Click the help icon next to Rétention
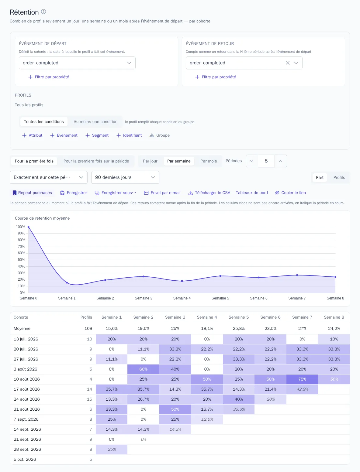point(43,12)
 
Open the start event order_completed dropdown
point(77,63)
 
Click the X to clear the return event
point(288,63)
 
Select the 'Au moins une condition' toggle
point(95,122)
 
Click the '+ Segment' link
point(97,135)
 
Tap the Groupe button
point(160,135)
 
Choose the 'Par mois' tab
point(209,161)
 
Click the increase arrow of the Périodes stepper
point(281,161)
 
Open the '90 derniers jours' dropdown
point(125,177)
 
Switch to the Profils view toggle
point(339,177)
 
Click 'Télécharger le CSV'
point(209,193)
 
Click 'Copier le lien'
point(290,193)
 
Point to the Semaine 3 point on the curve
point(144,276)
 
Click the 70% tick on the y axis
point(21,246)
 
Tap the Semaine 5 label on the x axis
point(220,298)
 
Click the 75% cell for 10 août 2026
point(302,379)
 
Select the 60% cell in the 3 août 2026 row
point(143,369)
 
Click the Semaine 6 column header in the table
point(270,317)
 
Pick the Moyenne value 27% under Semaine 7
point(302,328)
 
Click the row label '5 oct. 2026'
point(25,459)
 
